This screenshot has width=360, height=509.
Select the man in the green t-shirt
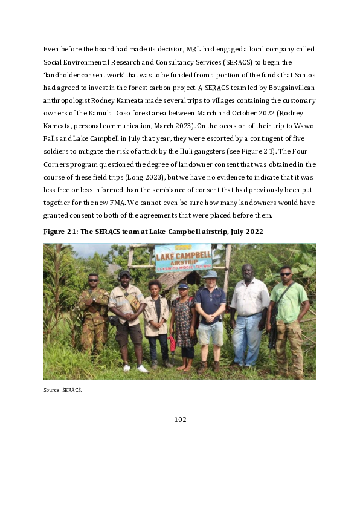(288, 320)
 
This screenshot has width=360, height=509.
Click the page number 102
(180, 420)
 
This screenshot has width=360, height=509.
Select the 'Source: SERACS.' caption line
(62, 390)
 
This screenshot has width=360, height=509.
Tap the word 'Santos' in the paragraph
(301, 74)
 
